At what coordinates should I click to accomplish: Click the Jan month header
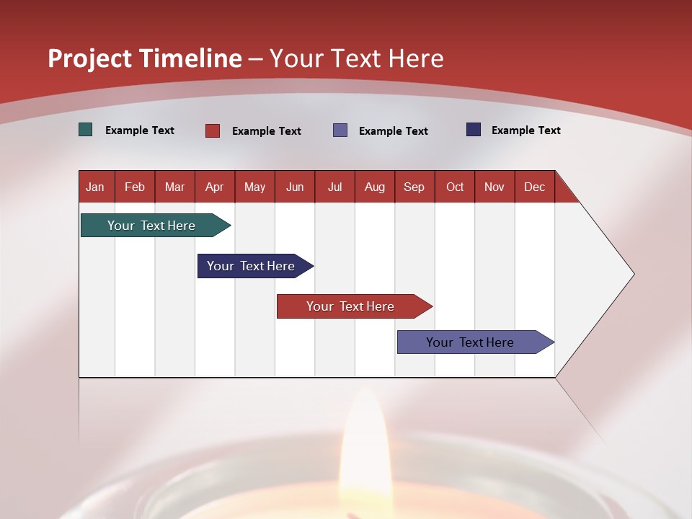point(95,187)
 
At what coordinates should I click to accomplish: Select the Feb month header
point(135,187)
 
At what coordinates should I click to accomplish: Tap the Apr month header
point(214,187)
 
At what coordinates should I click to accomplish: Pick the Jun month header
point(295,187)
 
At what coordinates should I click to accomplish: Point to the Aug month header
point(374,187)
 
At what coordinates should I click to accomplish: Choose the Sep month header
point(414,187)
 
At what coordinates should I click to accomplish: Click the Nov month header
point(494,187)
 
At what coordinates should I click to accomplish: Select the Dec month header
point(534,187)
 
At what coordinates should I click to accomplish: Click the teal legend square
point(86,130)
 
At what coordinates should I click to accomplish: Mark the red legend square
point(213,130)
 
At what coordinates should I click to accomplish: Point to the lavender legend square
point(340,130)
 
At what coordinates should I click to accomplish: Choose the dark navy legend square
point(474,130)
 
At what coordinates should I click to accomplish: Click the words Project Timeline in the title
point(145,58)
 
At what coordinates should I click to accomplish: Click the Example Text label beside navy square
point(525,130)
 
